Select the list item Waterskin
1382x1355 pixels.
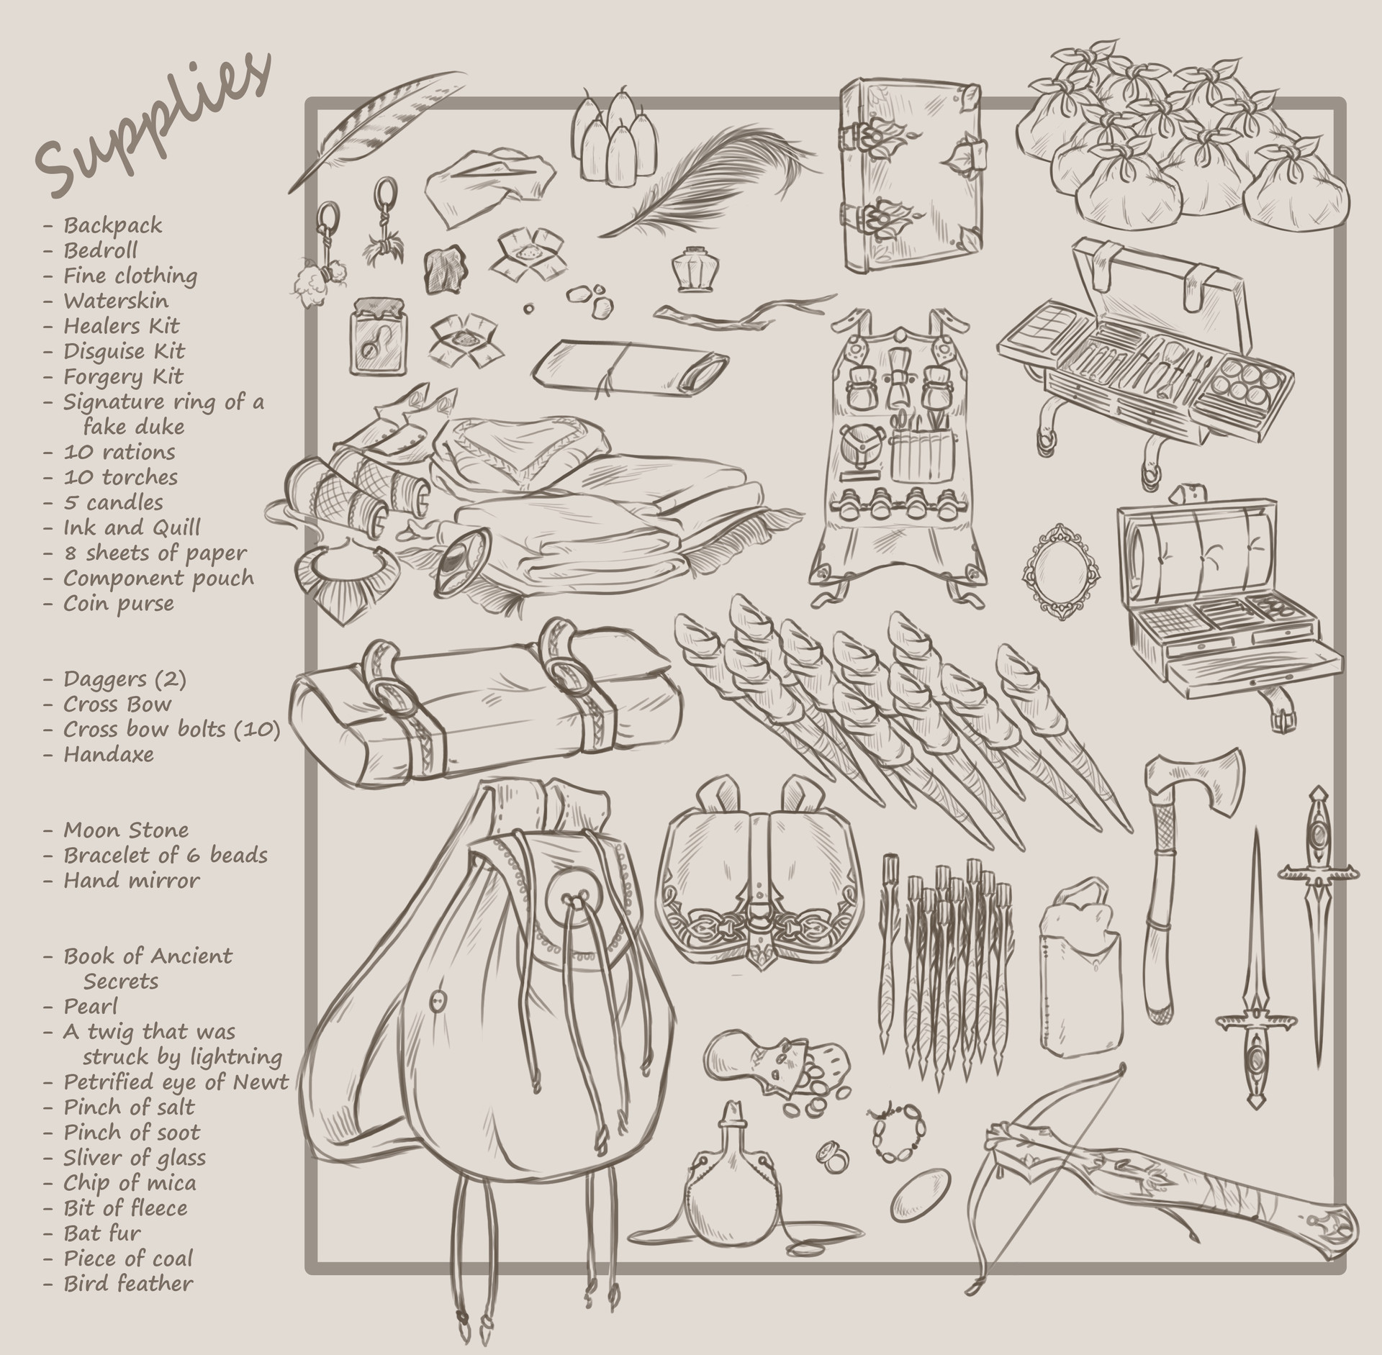[x=115, y=301]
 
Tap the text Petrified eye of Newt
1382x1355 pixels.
[x=176, y=1082]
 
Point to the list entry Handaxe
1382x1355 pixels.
[x=108, y=754]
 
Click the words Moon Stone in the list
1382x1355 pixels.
[x=126, y=830]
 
